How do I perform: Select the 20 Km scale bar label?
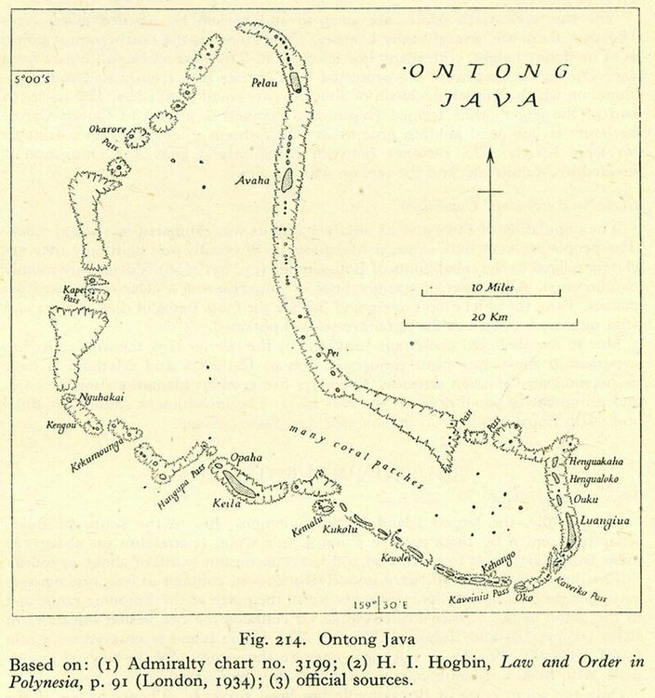pos(489,315)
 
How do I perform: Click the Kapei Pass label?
pos(74,293)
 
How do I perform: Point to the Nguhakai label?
pos(102,398)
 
